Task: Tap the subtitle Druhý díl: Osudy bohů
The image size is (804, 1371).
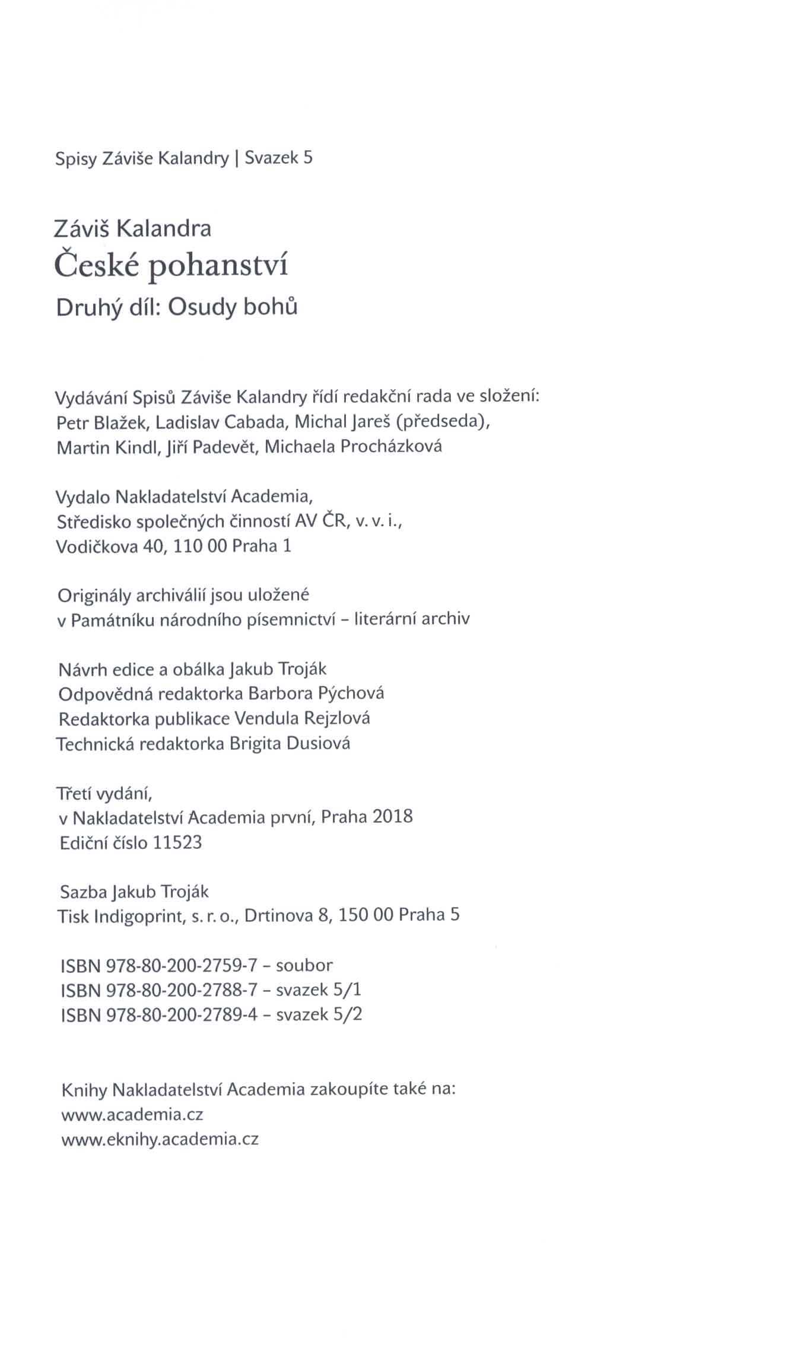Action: [176, 308]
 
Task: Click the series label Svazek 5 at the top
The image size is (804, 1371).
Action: [278, 158]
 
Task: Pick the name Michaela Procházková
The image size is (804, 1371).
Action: [353, 447]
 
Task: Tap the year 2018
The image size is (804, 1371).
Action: [392, 817]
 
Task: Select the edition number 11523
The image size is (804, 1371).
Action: [177, 842]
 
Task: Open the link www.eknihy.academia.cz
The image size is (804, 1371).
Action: [160, 1139]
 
